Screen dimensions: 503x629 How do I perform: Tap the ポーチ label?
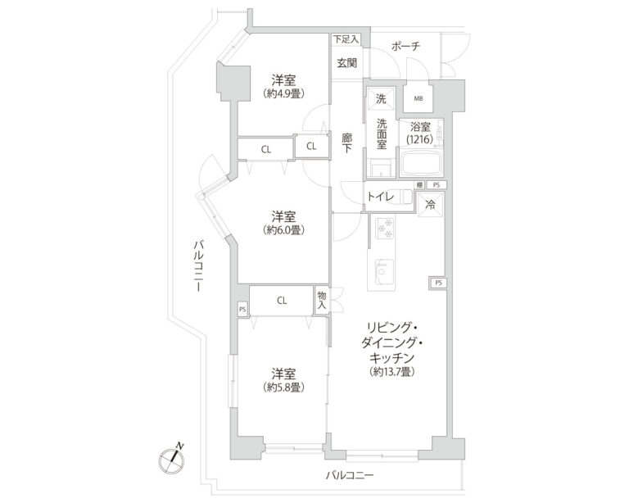405,47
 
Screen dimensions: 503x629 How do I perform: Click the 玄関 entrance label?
346,63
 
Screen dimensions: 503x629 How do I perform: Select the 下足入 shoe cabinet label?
344,39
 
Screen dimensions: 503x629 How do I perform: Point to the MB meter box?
419,99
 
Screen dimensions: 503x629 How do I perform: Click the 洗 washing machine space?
379,99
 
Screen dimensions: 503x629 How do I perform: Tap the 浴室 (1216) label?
421,133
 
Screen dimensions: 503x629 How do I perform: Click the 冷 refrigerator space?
429,206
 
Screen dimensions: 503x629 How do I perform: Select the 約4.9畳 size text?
284,94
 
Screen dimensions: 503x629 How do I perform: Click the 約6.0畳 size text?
284,230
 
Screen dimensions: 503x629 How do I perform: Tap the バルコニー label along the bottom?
349,476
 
